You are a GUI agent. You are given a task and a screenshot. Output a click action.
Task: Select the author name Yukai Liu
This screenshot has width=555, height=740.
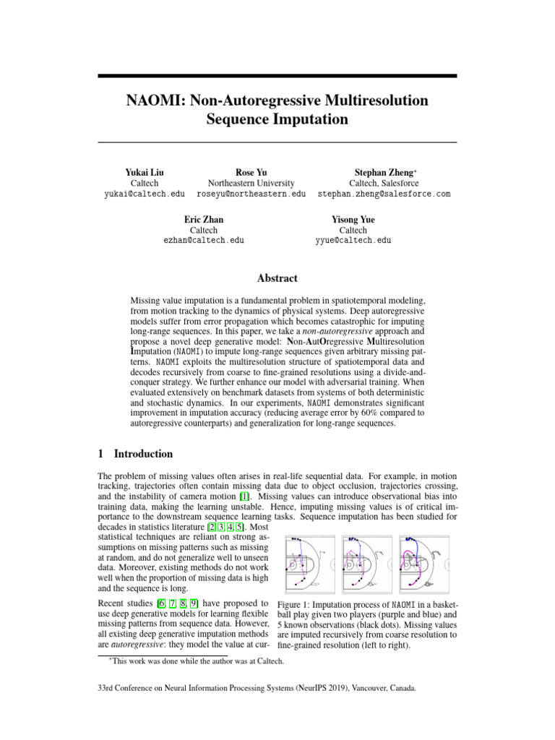(x=145, y=173)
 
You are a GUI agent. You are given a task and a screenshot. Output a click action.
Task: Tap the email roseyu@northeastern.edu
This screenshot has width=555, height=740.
(x=251, y=194)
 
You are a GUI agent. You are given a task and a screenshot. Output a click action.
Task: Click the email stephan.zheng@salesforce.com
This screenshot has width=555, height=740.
(x=384, y=194)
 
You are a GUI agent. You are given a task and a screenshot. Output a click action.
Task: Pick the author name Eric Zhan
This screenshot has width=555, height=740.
(x=204, y=218)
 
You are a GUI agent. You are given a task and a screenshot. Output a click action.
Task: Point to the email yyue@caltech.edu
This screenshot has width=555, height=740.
(x=353, y=240)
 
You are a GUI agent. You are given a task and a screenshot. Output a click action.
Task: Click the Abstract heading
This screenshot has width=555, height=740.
(x=277, y=278)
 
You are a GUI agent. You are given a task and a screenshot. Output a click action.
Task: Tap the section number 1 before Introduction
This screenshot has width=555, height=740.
(x=100, y=454)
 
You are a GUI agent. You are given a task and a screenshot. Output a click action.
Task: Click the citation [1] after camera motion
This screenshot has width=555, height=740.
(x=244, y=497)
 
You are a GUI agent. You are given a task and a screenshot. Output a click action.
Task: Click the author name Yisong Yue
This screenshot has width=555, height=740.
(x=353, y=218)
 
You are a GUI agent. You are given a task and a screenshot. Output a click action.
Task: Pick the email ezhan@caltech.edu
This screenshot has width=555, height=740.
(x=204, y=240)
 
